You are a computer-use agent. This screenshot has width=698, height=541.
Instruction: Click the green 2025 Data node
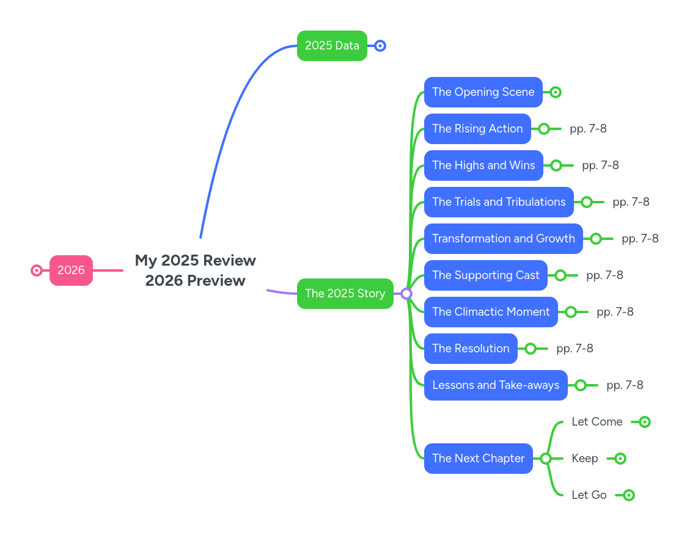[x=332, y=46]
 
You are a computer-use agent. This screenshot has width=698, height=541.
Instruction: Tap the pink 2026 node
[x=71, y=270]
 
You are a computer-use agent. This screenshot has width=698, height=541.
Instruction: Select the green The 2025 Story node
[x=345, y=294]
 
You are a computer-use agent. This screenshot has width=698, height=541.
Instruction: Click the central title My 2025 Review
[x=195, y=261]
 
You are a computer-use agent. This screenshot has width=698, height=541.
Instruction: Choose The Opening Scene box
[x=483, y=92]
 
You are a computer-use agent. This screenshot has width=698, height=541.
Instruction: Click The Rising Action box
[x=477, y=129]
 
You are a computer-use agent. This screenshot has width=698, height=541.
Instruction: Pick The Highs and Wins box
[x=483, y=165]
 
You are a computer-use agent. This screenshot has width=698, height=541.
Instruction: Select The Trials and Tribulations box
[x=498, y=202]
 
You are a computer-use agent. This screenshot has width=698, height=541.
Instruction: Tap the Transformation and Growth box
[x=503, y=239]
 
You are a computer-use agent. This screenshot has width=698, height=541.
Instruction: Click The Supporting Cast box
[x=485, y=275]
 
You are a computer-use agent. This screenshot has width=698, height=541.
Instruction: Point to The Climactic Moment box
[x=490, y=312]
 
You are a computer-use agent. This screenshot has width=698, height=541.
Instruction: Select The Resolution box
[x=470, y=349]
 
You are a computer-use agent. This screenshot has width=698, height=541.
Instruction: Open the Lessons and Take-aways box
[x=495, y=385]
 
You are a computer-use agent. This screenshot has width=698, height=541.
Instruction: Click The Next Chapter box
[x=478, y=459]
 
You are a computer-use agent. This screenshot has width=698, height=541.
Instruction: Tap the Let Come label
[x=597, y=422]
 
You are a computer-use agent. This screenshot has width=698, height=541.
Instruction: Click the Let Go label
[x=589, y=495]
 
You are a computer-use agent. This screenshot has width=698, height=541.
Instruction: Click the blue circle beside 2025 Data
[x=380, y=46]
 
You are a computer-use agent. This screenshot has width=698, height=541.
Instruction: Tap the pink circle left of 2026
[x=37, y=270]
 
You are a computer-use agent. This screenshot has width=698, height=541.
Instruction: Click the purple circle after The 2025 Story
[x=406, y=294]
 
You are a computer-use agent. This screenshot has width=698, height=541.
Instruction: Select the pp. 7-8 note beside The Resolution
[x=575, y=349]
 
